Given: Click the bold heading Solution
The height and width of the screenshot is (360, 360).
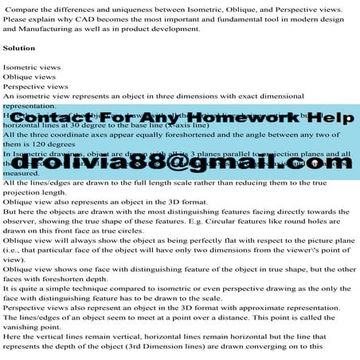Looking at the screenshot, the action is click(x=19, y=48).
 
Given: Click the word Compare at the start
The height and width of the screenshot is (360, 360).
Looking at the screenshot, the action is click(x=22, y=8).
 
